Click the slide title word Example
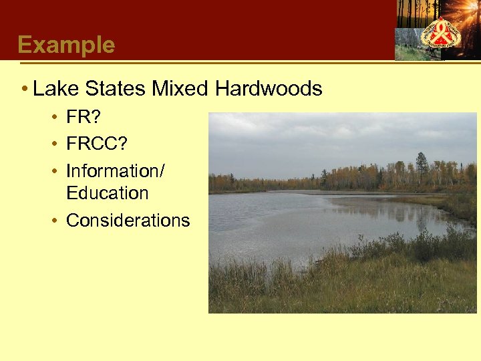[66, 45]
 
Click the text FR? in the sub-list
[84, 118]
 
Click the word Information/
[115, 170]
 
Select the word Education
[107, 193]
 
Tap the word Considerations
[128, 220]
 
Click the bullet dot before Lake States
[24, 89]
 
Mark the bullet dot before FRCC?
[53, 144]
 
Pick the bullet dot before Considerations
[53, 221]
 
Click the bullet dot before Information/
[53, 171]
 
